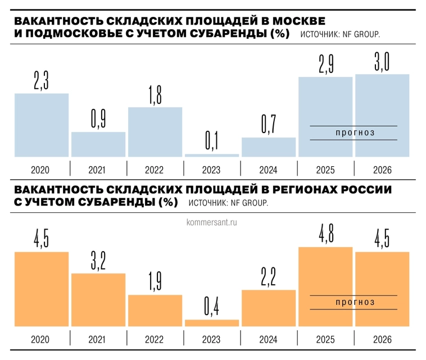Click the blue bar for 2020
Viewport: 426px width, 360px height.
pos(42,125)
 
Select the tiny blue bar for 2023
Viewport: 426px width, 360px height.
pos(211,155)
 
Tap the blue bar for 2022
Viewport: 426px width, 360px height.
pos(155,131)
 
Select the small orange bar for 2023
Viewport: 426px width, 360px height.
pos(211,322)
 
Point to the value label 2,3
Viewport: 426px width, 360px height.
pos(42,82)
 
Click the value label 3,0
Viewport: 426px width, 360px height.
pos(382,62)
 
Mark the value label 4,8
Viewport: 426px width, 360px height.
pos(325,236)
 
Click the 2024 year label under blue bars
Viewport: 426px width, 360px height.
pos(269,170)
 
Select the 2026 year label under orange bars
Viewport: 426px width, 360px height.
pos(382,339)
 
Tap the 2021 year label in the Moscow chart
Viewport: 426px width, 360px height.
pos(98,170)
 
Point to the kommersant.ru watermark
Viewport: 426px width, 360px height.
pos(212,222)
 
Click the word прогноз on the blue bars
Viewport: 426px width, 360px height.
pos(354,133)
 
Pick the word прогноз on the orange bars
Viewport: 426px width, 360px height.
pos(354,302)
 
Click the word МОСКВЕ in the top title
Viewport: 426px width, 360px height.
pos(298,21)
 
